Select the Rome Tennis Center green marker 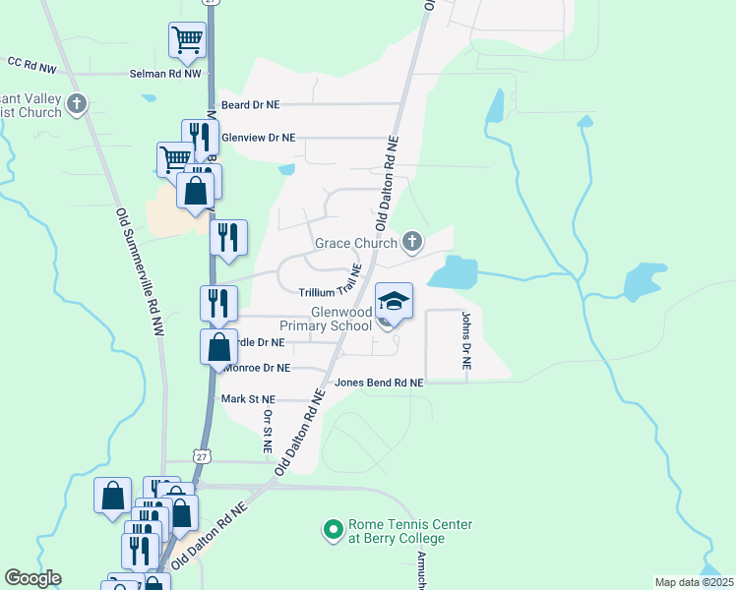[333, 531]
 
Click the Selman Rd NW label [165, 74]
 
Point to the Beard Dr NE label [253, 104]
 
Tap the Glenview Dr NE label [258, 139]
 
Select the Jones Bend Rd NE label [379, 383]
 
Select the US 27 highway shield [202, 456]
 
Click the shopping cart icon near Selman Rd [187, 40]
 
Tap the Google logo [32, 578]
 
